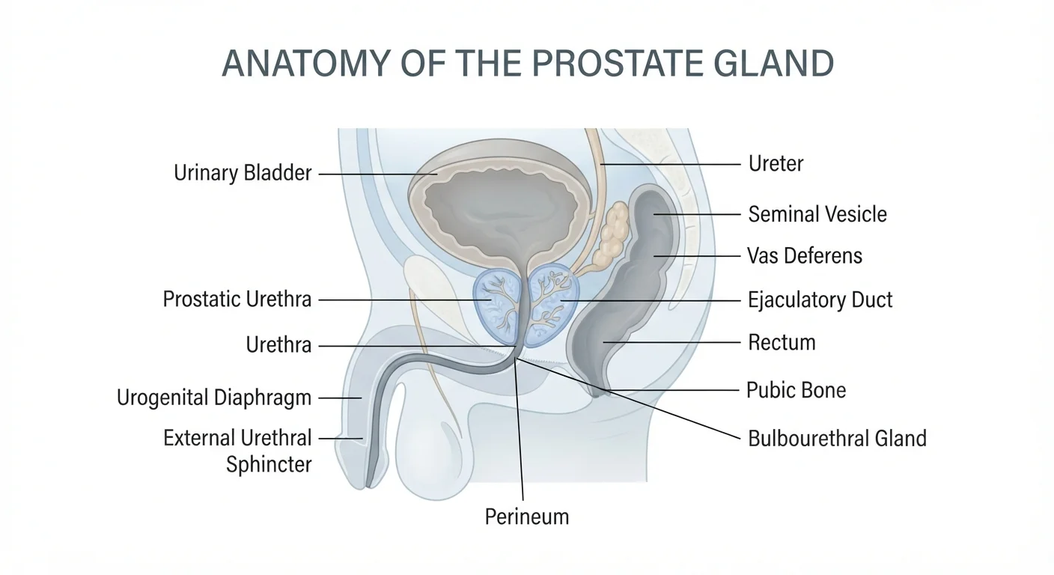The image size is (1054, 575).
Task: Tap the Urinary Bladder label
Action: (243, 173)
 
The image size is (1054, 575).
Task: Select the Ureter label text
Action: (776, 164)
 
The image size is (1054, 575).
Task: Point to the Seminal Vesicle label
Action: (817, 214)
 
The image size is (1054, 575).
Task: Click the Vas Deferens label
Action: (805, 256)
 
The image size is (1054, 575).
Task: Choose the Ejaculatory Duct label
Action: (820, 299)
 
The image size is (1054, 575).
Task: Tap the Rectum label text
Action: (782, 343)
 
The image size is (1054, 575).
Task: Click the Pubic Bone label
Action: (796, 390)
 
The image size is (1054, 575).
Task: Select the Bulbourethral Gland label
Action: (837, 439)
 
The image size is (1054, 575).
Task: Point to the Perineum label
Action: (527, 517)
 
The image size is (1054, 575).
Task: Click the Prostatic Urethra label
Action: (237, 299)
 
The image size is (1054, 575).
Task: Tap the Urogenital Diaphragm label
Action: (214, 398)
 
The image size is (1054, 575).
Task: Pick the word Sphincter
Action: (269, 464)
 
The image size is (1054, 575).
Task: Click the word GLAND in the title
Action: (773, 63)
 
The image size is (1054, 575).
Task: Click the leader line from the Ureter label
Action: (671, 164)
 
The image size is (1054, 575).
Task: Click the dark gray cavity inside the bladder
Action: (501, 213)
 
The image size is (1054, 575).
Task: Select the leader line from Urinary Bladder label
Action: (378, 174)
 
